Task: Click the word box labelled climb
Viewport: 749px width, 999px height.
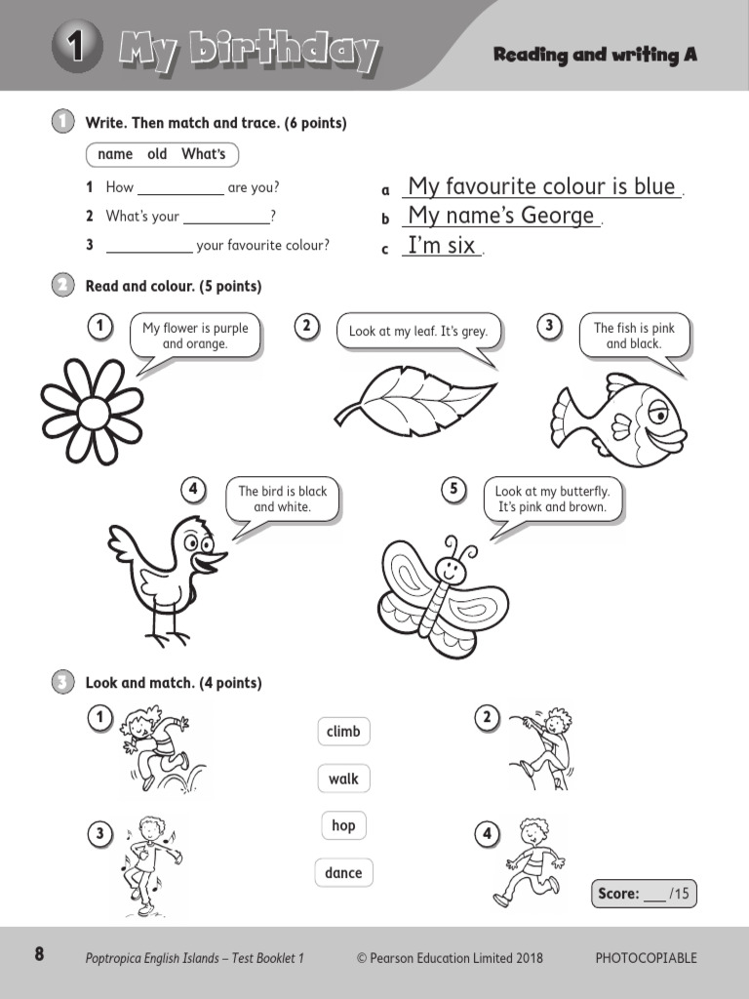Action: tap(343, 732)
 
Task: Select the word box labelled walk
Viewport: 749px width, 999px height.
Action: tap(343, 779)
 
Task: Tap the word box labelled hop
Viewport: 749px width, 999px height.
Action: tap(343, 825)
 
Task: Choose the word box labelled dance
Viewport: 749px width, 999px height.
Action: tap(343, 873)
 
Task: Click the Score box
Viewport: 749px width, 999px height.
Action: tap(645, 893)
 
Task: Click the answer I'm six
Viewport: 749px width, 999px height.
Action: tap(442, 246)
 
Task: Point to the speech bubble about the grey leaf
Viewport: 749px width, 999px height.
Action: tap(417, 332)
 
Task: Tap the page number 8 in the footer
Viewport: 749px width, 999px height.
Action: tap(39, 955)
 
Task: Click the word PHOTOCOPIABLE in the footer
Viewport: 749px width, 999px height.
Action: tap(646, 958)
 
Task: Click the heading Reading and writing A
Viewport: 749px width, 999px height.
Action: tap(595, 55)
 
